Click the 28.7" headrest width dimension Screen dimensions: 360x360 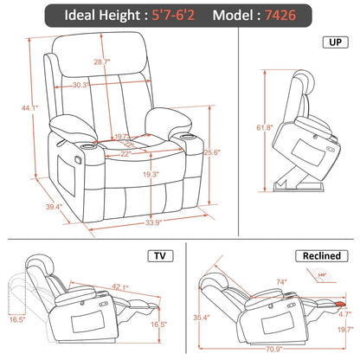(103, 62)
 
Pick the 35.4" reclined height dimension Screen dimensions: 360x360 (202, 318)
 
